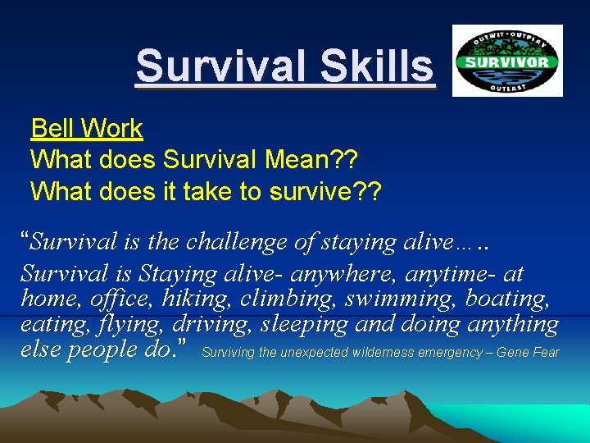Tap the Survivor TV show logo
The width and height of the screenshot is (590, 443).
click(507, 61)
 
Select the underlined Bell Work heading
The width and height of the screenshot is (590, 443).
click(86, 129)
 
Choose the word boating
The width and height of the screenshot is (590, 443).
click(512, 299)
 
